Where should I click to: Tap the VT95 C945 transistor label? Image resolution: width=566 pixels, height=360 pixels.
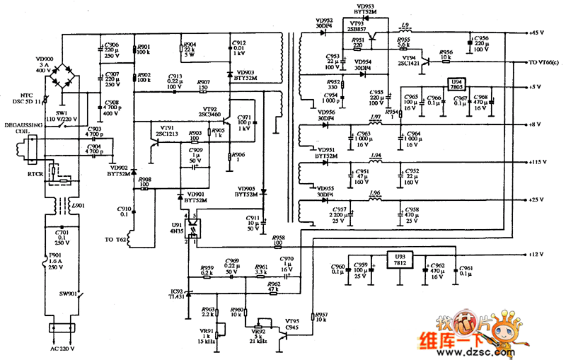coord(291,324)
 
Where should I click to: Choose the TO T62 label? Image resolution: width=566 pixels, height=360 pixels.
coord(115,240)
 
